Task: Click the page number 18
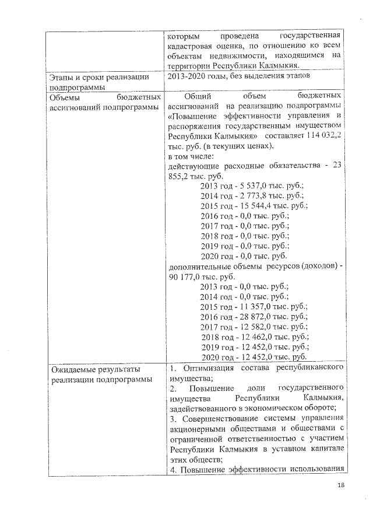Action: click(x=341, y=486)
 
